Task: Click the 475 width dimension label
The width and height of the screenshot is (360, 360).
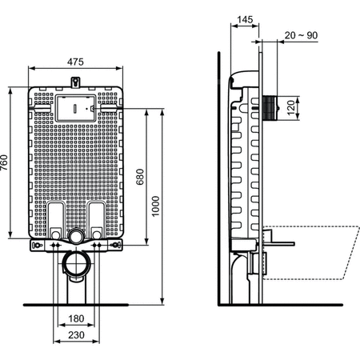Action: [x=75, y=62]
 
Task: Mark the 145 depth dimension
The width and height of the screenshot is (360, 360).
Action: [x=246, y=18]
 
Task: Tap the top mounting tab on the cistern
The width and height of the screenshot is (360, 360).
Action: [x=75, y=81]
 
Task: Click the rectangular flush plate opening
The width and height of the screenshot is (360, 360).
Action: [x=75, y=105]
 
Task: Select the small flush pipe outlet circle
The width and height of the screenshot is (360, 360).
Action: [x=75, y=236]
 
